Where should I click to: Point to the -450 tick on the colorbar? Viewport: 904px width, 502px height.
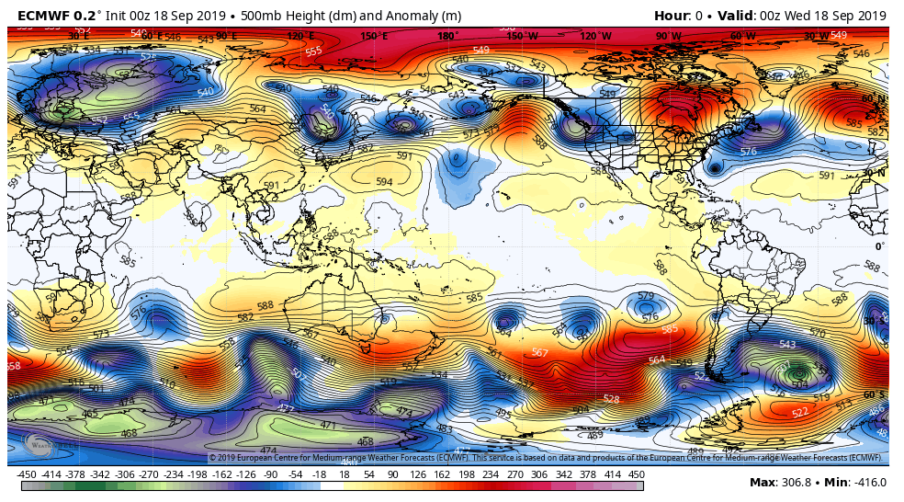tap(27, 474)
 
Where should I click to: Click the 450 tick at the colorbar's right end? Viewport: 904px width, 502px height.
tap(636, 474)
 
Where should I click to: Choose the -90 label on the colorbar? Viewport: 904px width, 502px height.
tap(271, 474)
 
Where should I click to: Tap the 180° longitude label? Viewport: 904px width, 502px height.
tap(447, 36)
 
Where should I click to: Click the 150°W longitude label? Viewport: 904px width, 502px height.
tap(523, 36)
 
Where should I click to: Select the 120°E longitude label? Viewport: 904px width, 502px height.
tap(299, 36)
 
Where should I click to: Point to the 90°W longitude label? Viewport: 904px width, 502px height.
tap(669, 36)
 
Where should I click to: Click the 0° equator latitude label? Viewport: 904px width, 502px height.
tap(879, 246)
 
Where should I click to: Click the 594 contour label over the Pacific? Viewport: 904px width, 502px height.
tap(384, 182)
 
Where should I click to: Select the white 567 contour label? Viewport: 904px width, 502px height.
tap(540, 352)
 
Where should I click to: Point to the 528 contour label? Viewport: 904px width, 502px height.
tap(611, 399)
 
